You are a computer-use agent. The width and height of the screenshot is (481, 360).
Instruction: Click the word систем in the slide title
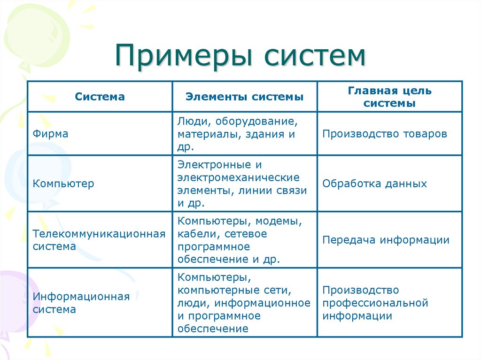[x=314, y=56]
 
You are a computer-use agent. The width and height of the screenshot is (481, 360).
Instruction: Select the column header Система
[x=100, y=97]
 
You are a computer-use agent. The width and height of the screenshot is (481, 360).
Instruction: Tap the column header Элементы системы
[x=244, y=97]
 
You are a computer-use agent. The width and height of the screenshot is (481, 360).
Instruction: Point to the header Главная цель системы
[x=389, y=97]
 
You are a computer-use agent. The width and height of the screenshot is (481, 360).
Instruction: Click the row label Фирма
[x=50, y=134]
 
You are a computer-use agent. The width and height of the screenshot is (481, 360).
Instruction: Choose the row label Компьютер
[x=63, y=184]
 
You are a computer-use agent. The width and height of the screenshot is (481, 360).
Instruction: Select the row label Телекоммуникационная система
[x=99, y=240]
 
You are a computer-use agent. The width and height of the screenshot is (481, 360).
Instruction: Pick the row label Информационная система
[x=81, y=303]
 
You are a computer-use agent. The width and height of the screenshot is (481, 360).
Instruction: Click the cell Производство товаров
[x=385, y=134]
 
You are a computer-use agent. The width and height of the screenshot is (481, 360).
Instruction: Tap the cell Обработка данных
[x=374, y=184]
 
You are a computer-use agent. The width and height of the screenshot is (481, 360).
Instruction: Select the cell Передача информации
[x=386, y=240]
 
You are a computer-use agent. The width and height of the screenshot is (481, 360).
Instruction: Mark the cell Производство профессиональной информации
[x=375, y=303]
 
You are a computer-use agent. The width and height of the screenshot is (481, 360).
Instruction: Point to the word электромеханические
[x=238, y=178]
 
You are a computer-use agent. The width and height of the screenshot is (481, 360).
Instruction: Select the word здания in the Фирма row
[x=263, y=135]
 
